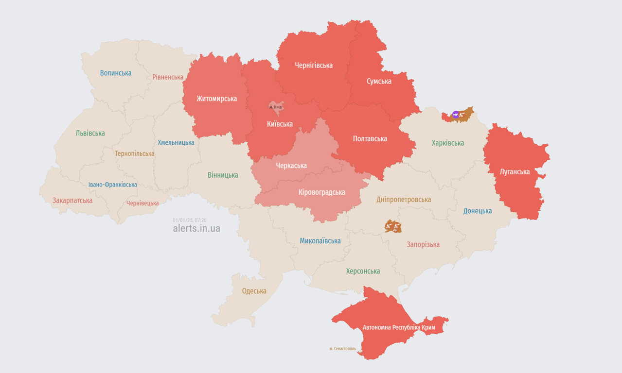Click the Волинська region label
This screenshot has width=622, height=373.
coord(116,73)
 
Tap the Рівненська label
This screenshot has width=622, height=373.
coord(168,77)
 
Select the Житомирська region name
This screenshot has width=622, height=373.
coord(217,99)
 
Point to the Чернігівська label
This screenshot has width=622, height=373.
coord(314,65)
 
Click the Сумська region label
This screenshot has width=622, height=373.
coord(379,81)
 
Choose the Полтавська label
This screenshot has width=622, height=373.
coord(370,139)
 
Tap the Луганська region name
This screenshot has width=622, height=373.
coord(515,171)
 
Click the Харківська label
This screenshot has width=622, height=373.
coord(448,143)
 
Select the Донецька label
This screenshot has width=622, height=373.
coord(478,211)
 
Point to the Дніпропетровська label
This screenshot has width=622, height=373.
coord(404,200)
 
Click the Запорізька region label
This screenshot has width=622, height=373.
coord(423,244)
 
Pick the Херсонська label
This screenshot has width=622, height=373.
coord(363,271)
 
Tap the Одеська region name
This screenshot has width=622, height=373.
coord(254,291)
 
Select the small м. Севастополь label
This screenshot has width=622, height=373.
coord(342,349)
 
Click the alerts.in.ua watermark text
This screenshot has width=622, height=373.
coord(196,228)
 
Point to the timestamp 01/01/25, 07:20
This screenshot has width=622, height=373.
coord(190,220)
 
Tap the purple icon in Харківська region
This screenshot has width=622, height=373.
coord(456,115)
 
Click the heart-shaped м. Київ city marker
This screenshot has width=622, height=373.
coord(276,107)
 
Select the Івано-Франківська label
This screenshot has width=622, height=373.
coord(113,185)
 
